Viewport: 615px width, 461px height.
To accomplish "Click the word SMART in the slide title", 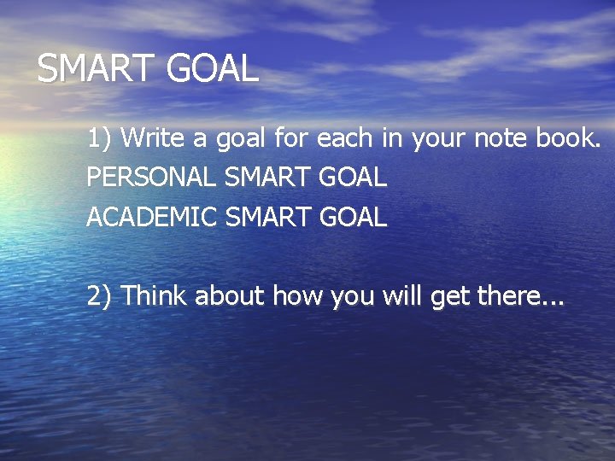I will tap(95, 68).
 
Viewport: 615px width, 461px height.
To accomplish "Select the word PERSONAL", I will tap(151, 178).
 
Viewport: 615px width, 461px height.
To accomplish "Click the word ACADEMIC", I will tap(151, 218).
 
